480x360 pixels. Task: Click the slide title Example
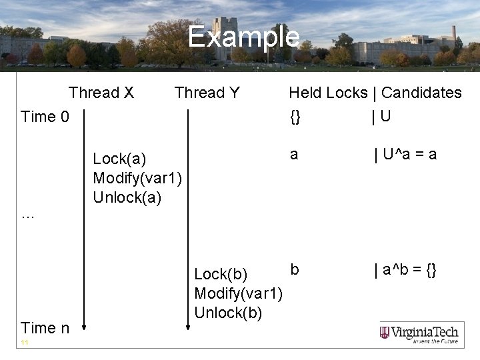tap(243, 37)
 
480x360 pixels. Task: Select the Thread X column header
tap(101, 93)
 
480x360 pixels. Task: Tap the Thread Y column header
tap(207, 93)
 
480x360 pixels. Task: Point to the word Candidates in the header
tap(421, 93)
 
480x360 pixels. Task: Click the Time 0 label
tap(45, 117)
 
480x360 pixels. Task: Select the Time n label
tap(45, 327)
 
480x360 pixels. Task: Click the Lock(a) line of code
tap(119, 159)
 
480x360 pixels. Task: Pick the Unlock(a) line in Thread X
tap(127, 198)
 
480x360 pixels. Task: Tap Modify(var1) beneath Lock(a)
tap(137, 179)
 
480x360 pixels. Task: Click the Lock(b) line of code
tap(221, 274)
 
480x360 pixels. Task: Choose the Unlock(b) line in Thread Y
tap(228, 313)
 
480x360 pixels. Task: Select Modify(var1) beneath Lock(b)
tap(238, 293)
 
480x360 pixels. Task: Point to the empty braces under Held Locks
tap(295, 117)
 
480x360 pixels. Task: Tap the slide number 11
tap(24, 343)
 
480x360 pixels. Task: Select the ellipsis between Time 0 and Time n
tap(27, 215)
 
